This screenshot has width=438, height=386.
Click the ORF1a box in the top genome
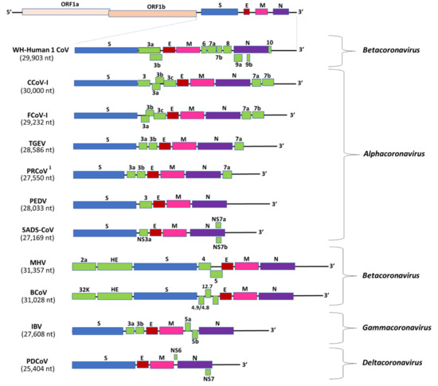(66, 12)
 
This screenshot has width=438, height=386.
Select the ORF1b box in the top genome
(153, 14)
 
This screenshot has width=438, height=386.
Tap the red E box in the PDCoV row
(143, 365)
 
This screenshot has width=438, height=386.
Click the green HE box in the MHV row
(115, 267)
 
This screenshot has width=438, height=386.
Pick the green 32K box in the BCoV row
(84, 296)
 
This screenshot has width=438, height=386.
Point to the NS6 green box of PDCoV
(176, 357)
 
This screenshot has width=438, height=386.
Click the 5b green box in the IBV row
(195, 334)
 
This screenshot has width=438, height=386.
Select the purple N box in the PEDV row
(209, 204)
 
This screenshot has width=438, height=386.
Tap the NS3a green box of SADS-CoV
(144, 232)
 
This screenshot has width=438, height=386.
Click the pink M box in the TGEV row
(185, 146)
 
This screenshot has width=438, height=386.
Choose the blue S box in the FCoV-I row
(106, 115)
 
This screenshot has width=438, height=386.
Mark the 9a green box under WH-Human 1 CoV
(238, 58)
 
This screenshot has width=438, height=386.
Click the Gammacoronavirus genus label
(397, 327)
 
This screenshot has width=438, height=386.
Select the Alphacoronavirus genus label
(394, 154)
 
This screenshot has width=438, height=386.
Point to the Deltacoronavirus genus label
(392, 363)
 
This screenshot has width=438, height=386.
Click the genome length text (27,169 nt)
(37, 238)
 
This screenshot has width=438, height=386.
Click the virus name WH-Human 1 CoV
(41, 50)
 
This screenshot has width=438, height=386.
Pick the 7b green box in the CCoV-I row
(268, 82)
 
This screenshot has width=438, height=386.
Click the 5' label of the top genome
(10, 12)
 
